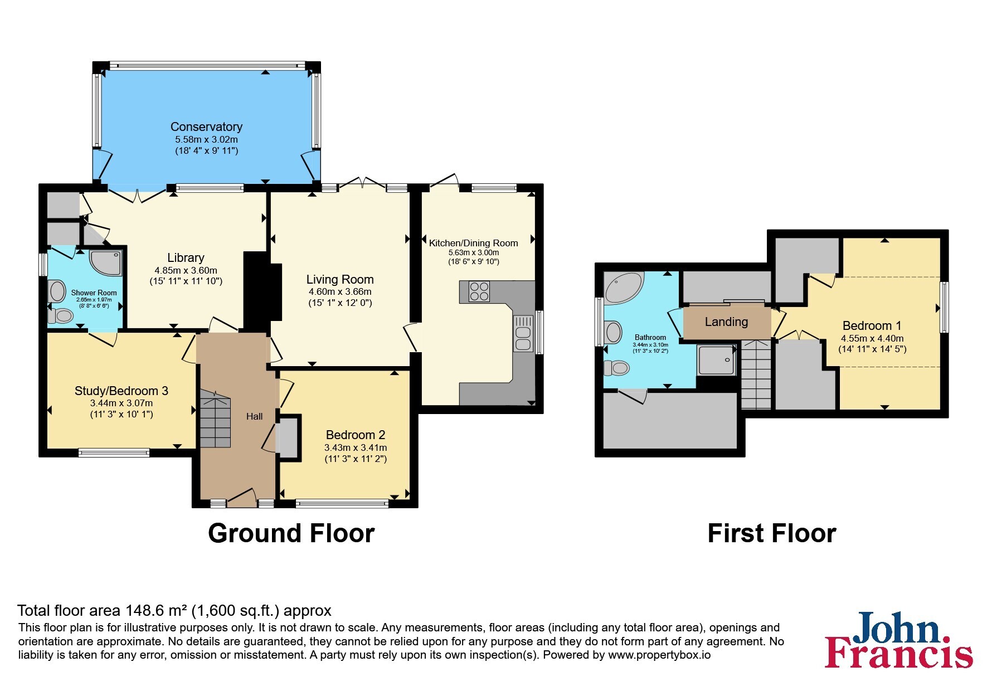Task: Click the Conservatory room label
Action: pos(206,127)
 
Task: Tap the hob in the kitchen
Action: pos(479,291)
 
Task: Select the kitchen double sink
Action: pos(523,333)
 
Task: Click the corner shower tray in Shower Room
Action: pos(105,262)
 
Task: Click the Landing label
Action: pos(726,322)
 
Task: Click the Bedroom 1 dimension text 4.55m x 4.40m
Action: pos(872,338)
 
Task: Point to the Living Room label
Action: pos(340,279)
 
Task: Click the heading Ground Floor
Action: pos(291,533)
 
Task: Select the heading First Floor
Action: pos(772,533)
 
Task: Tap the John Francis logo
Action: pos(899,640)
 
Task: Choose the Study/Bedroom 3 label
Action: pos(121,391)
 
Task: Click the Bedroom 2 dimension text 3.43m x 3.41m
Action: pos(356,447)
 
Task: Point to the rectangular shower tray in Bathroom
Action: pos(717,359)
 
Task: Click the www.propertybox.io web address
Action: pos(659,655)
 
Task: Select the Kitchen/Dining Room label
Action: pos(474,243)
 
